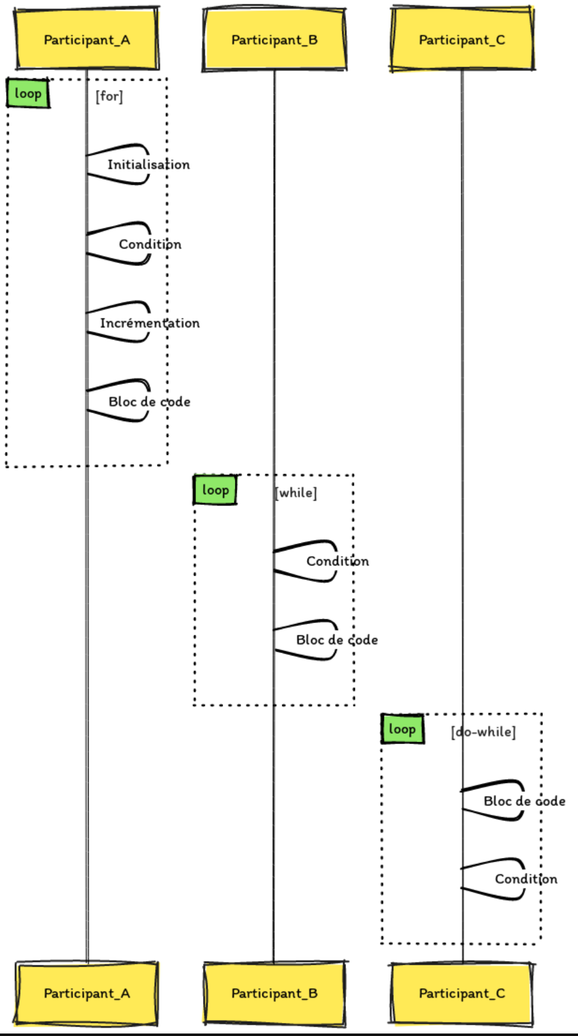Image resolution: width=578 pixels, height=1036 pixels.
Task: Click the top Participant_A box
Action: point(87,39)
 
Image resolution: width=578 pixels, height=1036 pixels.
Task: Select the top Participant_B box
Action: point(274,39)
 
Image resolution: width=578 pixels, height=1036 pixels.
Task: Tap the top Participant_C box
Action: point(462,39)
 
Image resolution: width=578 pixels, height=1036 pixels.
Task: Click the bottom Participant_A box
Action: point(87,993)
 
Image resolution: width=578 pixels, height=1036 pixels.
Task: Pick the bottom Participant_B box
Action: point(274,993)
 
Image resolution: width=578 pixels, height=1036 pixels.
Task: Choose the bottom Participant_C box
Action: point(462,993)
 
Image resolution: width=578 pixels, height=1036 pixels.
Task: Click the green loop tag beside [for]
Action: point(28,94)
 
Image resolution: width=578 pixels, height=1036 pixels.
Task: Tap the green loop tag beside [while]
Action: point(216,490)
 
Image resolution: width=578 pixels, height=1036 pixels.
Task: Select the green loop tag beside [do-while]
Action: point(402,729)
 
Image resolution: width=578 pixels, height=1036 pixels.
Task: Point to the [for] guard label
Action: point(109,96)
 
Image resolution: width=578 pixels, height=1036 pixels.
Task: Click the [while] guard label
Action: point(296,493)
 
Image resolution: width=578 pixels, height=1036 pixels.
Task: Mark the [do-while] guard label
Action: point(484,732)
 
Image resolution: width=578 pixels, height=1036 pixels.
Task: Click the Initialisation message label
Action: point(149,165)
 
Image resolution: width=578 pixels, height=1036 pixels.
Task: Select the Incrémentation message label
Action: point(150,323)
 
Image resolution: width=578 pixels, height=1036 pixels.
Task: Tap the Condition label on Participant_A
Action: point(150,244)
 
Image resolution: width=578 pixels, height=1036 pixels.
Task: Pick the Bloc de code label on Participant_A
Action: point(149,402)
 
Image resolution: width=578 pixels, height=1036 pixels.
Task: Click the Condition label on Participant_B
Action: point(337,561)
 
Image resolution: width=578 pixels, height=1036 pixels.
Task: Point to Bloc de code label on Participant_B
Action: point(337,640)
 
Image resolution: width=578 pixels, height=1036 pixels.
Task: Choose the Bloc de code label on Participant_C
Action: point(524,801)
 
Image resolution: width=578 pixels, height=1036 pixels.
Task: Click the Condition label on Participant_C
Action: point(526,879)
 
